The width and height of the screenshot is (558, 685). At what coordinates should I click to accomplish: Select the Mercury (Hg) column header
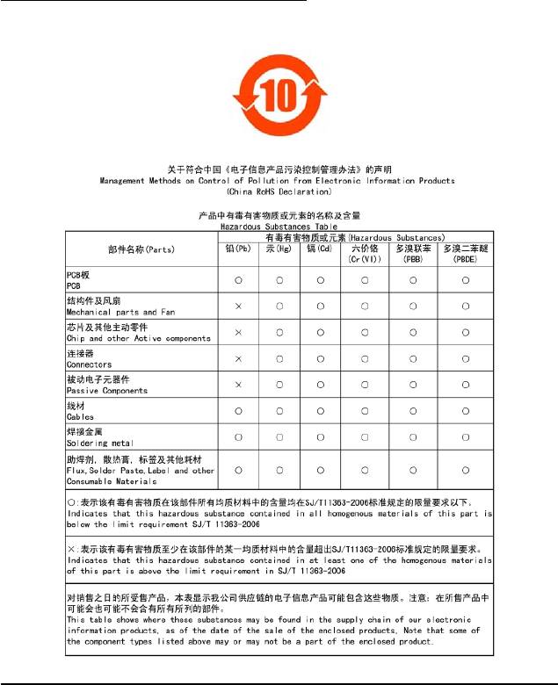coord(279,249)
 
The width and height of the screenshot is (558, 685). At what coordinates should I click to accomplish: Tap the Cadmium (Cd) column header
coord(322,249)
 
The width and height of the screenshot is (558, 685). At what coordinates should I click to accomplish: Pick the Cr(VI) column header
coord(365,255)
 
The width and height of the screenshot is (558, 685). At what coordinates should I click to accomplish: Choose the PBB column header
coord(412,255)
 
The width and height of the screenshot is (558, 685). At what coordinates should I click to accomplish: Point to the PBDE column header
coord(464,255)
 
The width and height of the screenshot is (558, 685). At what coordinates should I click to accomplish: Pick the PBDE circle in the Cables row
coord(464,411)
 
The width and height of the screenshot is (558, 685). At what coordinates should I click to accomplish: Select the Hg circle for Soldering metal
coord(279,436)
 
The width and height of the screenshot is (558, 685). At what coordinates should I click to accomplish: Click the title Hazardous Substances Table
coord(278,226)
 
